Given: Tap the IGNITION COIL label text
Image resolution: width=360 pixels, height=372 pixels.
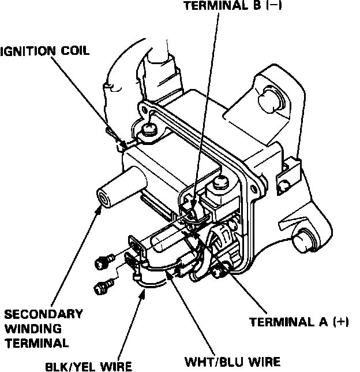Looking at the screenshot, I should point(45,51).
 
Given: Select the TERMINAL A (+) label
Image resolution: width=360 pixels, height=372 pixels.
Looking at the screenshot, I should point(299,322).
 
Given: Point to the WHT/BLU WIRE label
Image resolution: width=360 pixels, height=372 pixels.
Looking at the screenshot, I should point(232,362).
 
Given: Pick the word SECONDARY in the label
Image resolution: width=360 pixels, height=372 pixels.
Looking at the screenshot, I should point(43,315).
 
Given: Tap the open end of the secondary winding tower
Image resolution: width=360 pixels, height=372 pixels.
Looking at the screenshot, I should point(104,199).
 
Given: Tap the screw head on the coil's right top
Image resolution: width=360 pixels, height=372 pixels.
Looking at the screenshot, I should point(222,184).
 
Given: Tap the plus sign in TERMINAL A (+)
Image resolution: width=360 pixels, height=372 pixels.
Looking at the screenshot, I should point(341,322).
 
